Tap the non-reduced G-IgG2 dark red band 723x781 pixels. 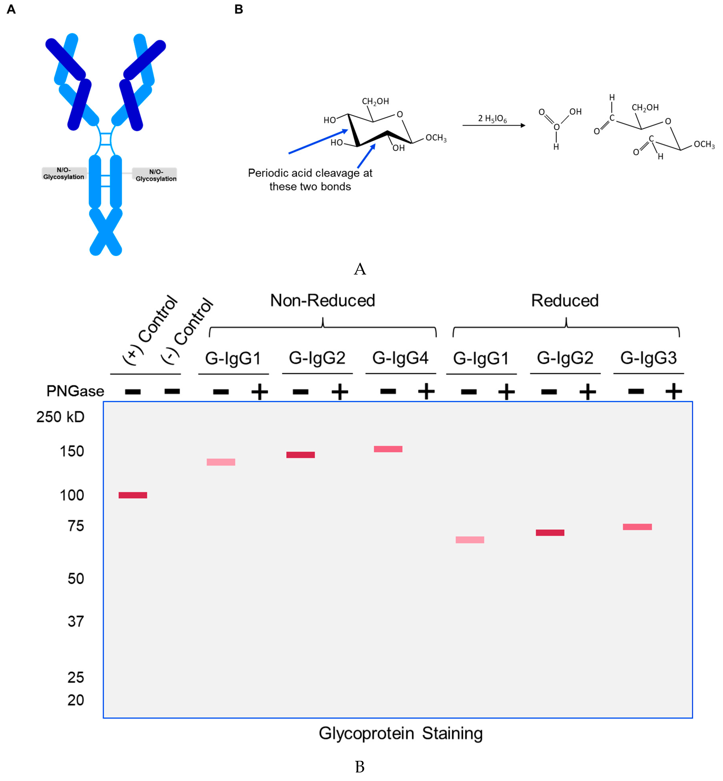tap(300, 455)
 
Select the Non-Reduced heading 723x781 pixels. tap(323, 300)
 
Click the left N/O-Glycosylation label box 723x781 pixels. tap(64, 173)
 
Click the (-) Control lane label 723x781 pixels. tap(188, 331)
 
